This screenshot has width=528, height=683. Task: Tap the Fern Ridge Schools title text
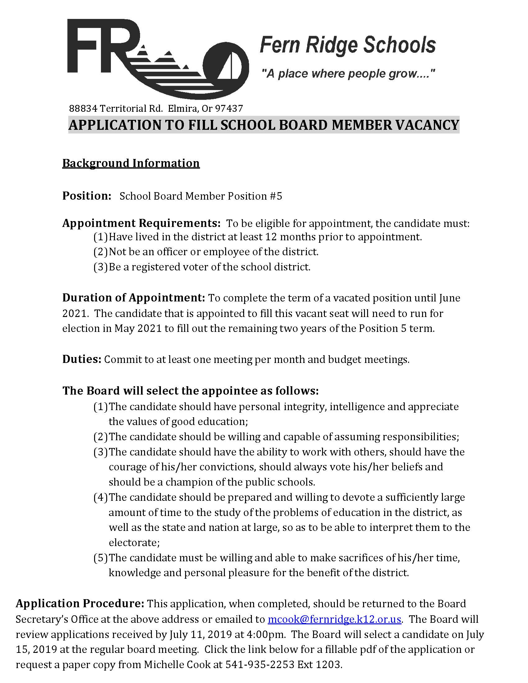[348, 45]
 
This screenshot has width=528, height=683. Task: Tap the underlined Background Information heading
[131, 163]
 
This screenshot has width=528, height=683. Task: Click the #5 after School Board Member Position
[275, 196]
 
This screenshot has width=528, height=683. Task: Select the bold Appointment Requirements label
[141, 223]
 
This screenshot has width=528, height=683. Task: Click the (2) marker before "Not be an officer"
[100, 252]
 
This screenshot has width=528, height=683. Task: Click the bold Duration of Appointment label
[134, 298]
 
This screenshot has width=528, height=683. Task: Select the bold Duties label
[82, 359]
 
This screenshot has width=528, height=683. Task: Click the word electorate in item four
[133, 543]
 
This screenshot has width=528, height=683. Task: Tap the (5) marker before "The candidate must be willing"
[100, 558]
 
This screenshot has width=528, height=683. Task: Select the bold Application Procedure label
[80, 604]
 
